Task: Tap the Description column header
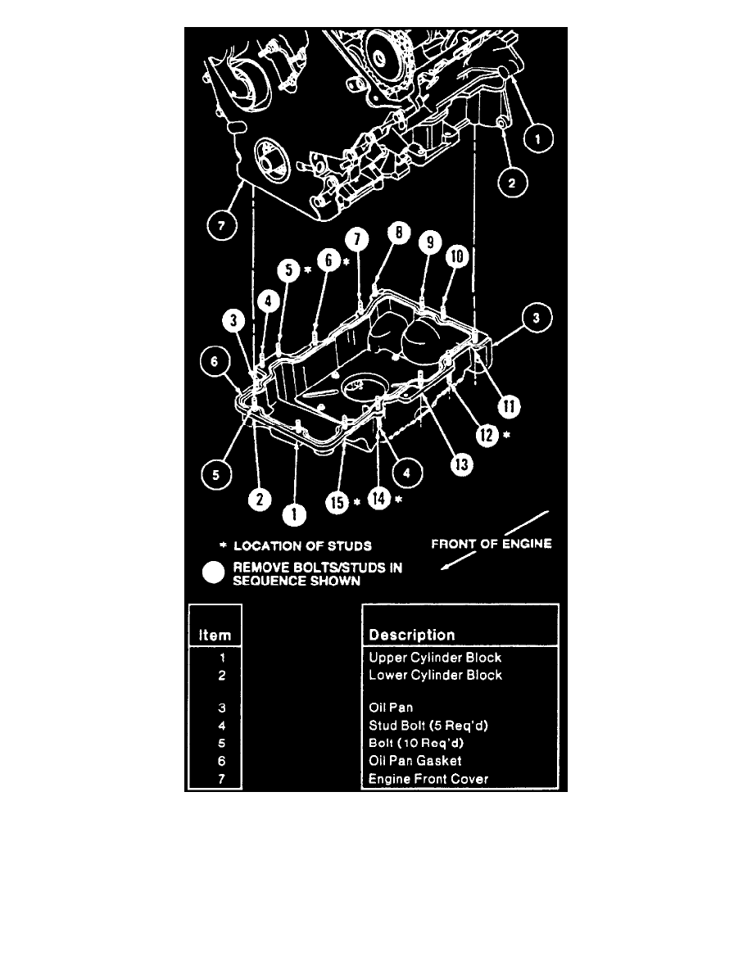pos(412,635)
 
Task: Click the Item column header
pos(215,635)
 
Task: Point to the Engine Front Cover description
pos(428,779)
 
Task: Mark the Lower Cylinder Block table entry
pos(435,675)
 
